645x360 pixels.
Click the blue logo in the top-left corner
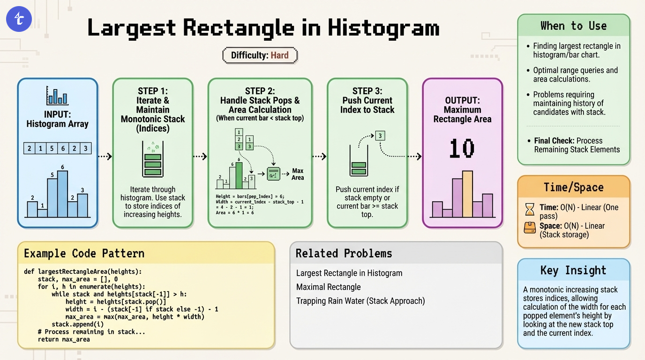(19, 19)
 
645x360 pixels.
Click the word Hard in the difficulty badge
(279, 55)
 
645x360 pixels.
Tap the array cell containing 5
(52, 149)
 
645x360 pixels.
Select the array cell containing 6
(63, 149)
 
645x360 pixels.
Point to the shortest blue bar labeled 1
(42, 213)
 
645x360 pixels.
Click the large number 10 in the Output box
(462, 149)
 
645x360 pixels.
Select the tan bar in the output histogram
(467, 194)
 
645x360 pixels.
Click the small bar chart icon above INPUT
(57, 96)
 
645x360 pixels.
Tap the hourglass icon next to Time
(529, 208)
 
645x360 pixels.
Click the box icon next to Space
(529, 228)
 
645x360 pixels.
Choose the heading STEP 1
(152, 91)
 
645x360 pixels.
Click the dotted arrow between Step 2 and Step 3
(319, 156)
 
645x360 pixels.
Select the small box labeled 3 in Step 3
(380, 136)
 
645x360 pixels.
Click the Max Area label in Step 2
(298, 174)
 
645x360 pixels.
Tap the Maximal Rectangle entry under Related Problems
(328, 287)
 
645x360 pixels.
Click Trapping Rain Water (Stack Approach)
(360, 301)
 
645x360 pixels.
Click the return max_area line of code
(64, 339)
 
